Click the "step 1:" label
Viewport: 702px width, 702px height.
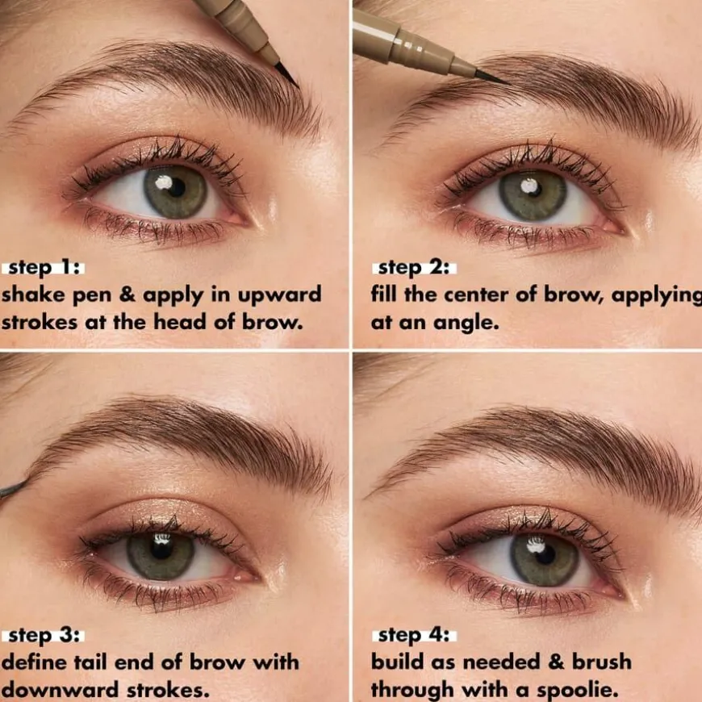(x=43, y=268)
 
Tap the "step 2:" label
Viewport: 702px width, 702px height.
(x=414, y=268)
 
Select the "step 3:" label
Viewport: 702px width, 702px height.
(x=43, y=636)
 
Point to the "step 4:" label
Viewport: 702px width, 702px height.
(x=414, y=636)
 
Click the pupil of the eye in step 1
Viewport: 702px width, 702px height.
(x=176, y=188)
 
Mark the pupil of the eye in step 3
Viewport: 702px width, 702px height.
(x=161, y=549)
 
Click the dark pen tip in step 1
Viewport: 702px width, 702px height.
(x=286, y=74)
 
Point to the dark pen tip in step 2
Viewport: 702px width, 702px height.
(x=491, y=77)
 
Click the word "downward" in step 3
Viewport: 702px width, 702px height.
(x=61, y=690)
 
